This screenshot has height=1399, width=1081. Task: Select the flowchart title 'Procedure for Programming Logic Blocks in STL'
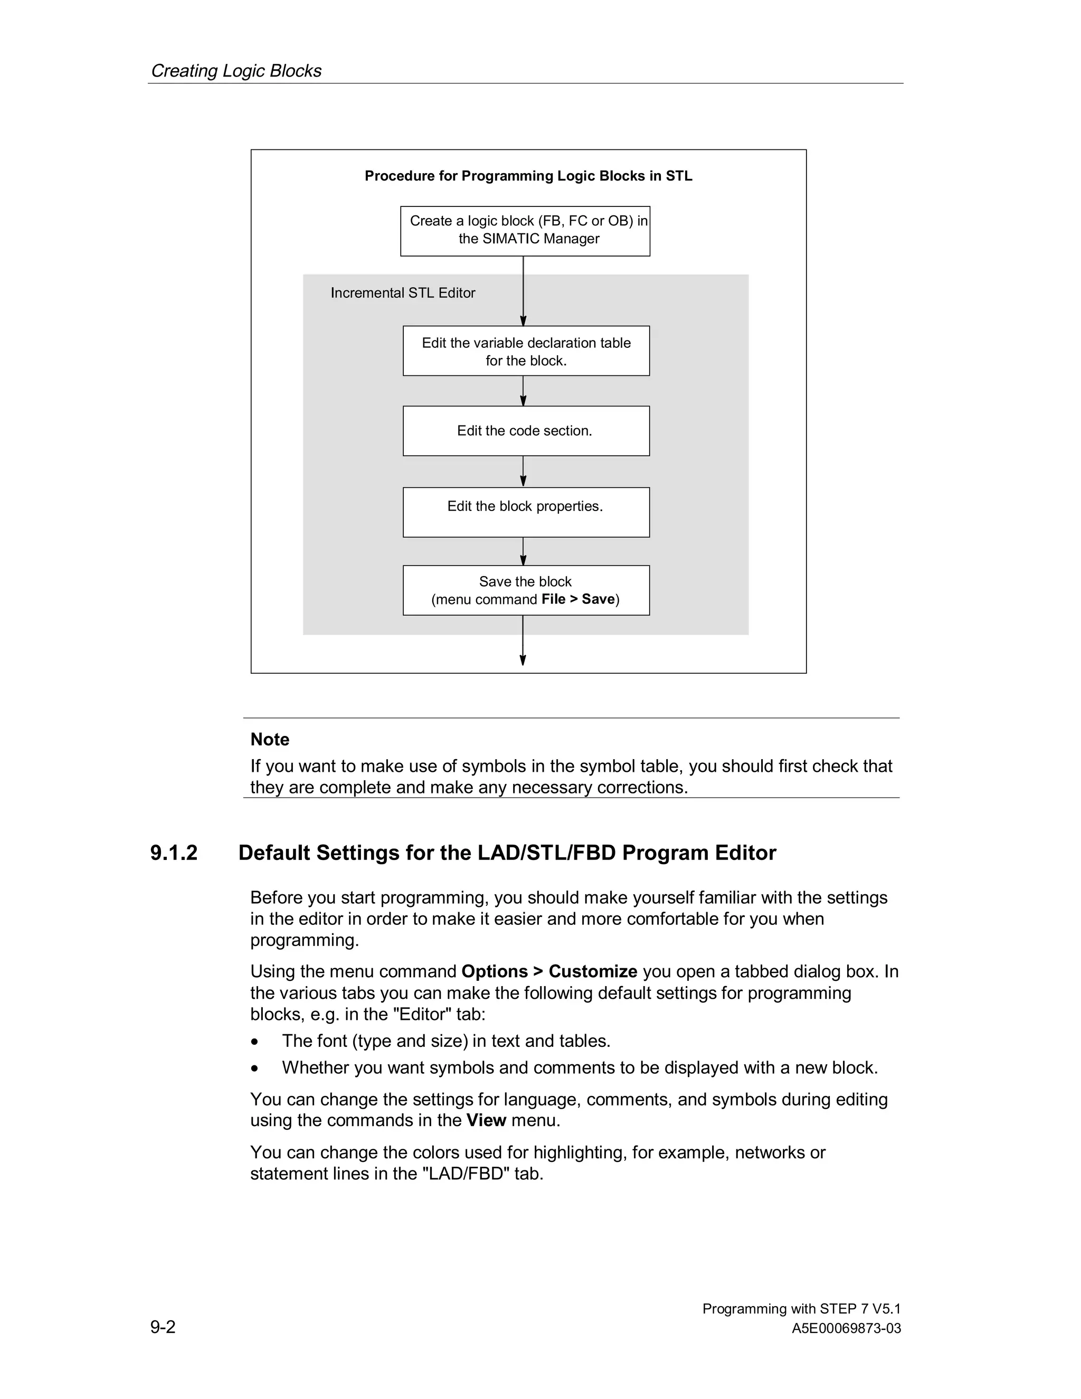point(528,176)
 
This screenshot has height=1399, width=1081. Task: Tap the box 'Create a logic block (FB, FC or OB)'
point(525,231)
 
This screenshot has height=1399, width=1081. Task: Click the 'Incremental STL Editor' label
point(403,293)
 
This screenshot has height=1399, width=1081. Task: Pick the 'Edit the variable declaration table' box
point(526,351)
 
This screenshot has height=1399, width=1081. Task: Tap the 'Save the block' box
point(526,590)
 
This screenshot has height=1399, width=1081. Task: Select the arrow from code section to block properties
point(523,471)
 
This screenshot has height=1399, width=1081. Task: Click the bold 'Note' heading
point(270,739)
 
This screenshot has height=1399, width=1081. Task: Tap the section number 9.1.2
point(174,853)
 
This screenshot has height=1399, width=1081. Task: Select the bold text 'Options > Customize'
point(549,972)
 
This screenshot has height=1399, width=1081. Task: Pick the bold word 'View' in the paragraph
point(486,1120)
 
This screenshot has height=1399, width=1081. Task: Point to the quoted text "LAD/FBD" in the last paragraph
point(466,1174)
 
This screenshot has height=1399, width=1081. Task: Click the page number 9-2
point(163,1327)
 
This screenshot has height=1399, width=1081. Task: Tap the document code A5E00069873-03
point(846,1329)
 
